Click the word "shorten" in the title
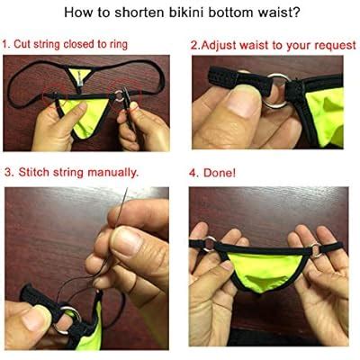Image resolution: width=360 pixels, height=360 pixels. (144, 13)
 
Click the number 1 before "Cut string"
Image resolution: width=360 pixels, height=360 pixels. (5, 44)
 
